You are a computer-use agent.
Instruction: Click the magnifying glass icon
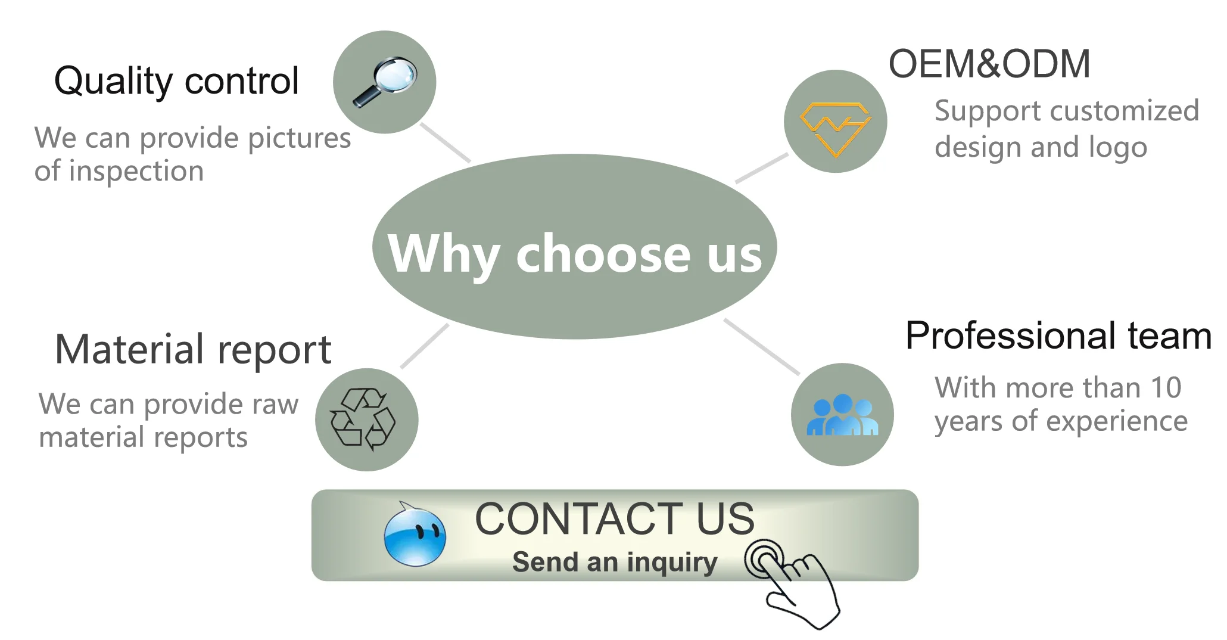point(385,82)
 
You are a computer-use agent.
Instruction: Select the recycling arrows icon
point(363,418)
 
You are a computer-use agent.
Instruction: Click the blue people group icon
point(842,415)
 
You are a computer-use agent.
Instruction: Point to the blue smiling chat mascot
point(415,535)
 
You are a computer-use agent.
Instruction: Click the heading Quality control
point(176,81)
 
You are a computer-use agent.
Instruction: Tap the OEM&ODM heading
point(989,64)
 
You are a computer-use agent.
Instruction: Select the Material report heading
point(192,349)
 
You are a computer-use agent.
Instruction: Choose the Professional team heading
point(1058,335)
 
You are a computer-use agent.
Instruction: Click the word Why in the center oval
point(444,254)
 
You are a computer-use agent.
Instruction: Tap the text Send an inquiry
point(615,562)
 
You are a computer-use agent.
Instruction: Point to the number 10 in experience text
point(1166,388)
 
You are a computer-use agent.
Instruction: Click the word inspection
point(136,172)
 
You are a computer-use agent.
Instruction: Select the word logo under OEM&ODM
point(1117,148)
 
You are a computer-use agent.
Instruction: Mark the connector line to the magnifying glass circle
point(446,143)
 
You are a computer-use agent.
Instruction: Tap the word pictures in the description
point(299,139)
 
